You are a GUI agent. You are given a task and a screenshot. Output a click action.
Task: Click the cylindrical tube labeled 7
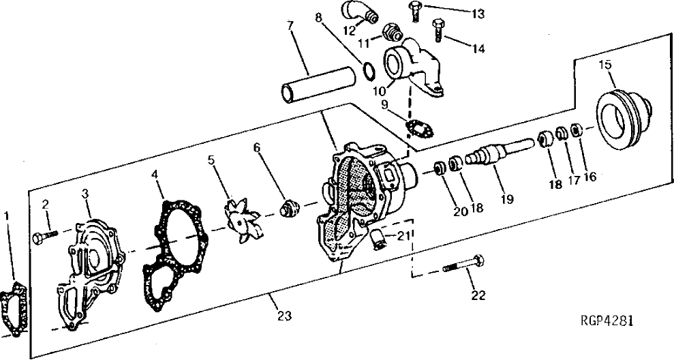point(319,83)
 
